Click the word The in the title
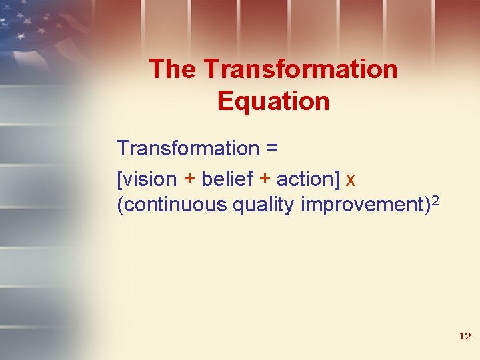(173, 69)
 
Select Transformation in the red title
(301, 69)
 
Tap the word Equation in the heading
(273, 101)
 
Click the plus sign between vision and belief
(189, 179)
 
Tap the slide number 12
(465, 337)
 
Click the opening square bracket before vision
(119, 179)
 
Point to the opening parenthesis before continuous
(119, 205)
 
